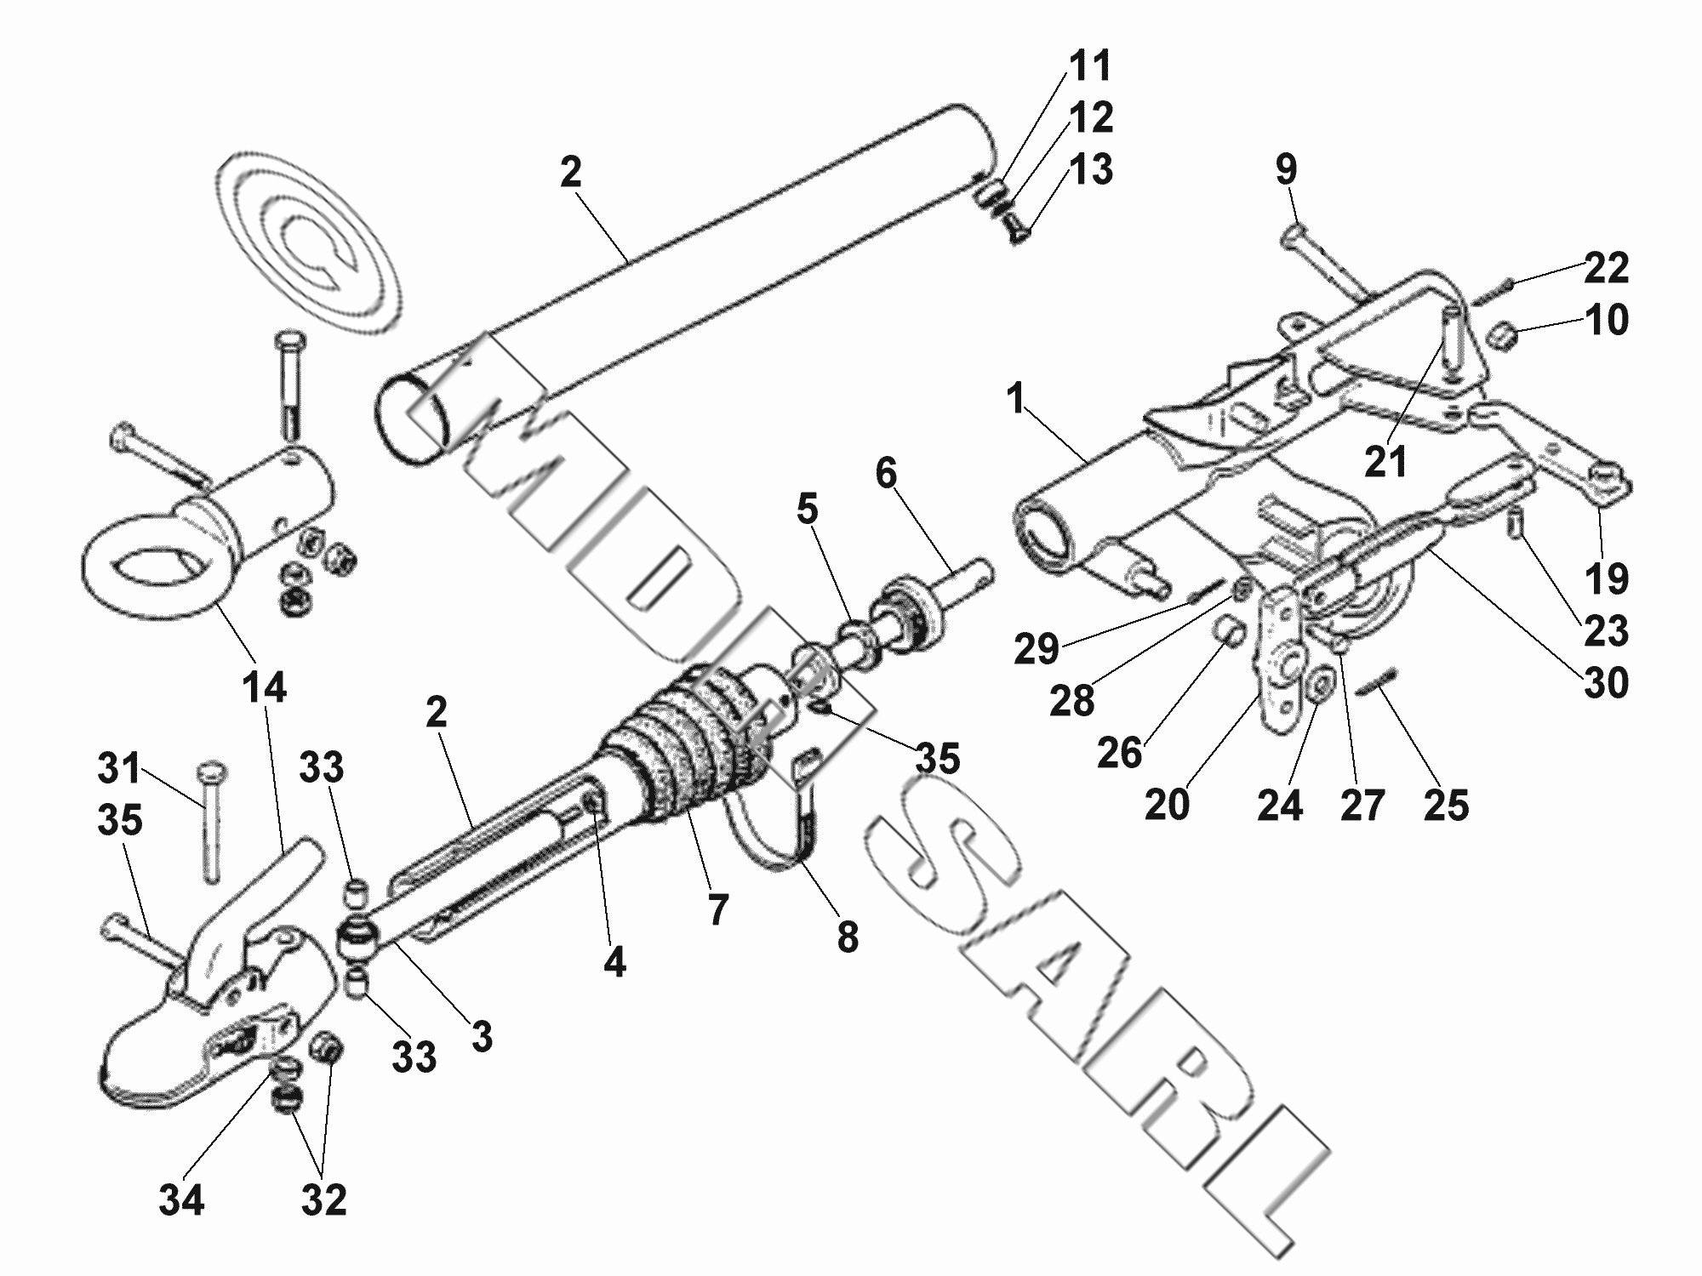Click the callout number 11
click(1089, 66)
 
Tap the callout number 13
click(1090, 169)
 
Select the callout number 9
click(1286, 169)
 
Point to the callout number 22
click(1606, 268)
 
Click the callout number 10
click(1606, 321)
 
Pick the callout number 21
click(1386, 461)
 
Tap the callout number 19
click(1606, 578)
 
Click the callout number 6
click(886, 473)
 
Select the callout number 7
click(718, 909)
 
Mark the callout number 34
click(181, 1200)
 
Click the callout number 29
click(1036, 649)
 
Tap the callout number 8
click(847, 937)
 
